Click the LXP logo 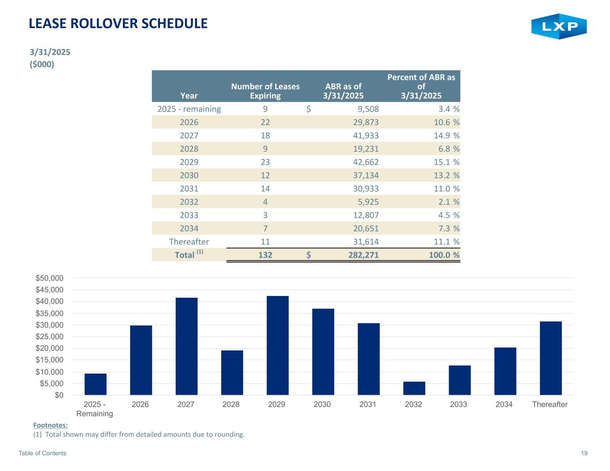point(559,26)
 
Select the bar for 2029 point(278,346)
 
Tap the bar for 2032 point(414,388)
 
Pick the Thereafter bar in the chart point(551,358)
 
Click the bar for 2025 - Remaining point(96,384)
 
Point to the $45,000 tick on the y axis point(50,290)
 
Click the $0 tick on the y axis point(59,395)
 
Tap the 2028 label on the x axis point(231,404)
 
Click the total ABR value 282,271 point(360,255)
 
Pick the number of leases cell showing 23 point(265,162)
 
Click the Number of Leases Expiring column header point(265,91)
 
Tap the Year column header point(189,96)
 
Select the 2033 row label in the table point(189,215)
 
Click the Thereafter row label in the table point(189,242)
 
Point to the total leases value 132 point(265,255)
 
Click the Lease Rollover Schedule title point(118,24)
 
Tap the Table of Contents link point(42,453)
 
